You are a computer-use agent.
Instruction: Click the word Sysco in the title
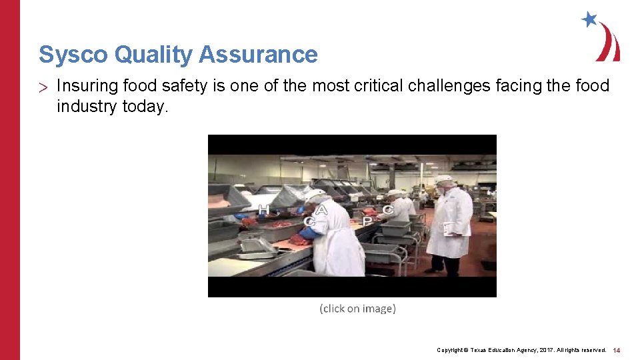[73, 54]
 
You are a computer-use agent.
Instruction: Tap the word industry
[87, 106]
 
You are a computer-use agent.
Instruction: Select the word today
[147, 106]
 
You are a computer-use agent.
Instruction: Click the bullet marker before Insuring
[43, 87]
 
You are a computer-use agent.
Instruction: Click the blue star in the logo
[589, 19]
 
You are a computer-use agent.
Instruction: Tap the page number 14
[617, 350]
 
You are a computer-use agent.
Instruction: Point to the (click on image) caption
[357, 309]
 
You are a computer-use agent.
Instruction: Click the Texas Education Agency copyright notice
[521, 350]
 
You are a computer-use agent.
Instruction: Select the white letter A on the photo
[322, 210]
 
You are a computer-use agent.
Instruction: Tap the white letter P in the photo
[367, 221]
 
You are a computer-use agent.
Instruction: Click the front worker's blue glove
[309, 233]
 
